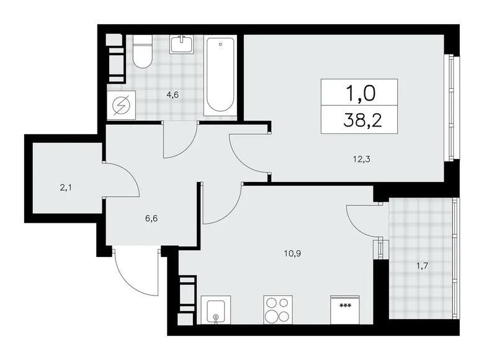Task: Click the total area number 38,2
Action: [x=359, y=119]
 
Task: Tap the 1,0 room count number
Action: [x=359, y=93]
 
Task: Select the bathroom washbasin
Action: [x=183, y=45]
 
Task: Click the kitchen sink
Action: [x=215, y=311]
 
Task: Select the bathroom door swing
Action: [x=179, y=143]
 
